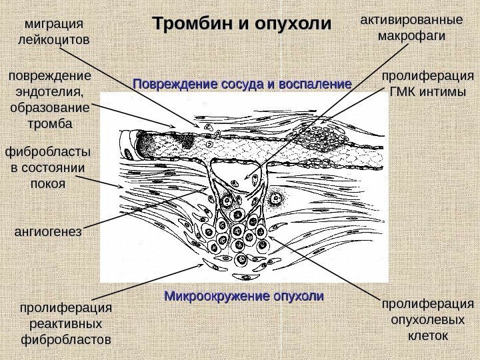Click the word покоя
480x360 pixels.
coord(48,183)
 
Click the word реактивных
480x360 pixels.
coord(65,325)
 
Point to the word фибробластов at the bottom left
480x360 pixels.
coord(65,341)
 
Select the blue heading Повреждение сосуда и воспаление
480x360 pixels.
coord(242,85)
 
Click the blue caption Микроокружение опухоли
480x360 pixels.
coord(243,295)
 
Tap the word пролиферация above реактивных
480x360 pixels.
coord(65,309)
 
